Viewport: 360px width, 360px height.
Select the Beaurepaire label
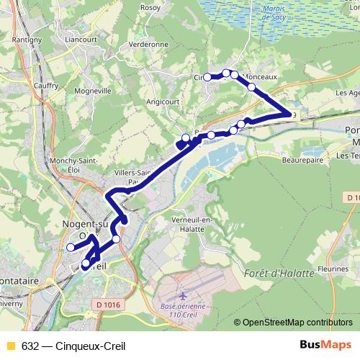301,161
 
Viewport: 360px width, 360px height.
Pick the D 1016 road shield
108,305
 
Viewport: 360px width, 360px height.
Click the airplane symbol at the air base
181,296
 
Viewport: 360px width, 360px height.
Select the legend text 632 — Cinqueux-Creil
63,345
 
